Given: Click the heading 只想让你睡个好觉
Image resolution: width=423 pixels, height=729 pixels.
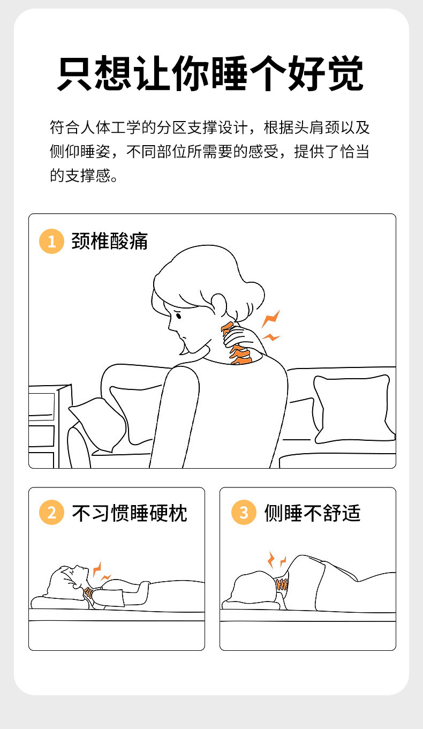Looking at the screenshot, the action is coord(210,73).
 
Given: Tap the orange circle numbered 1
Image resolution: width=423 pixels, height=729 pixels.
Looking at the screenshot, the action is coord(51,242).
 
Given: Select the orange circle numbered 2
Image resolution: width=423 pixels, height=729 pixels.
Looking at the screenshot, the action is coord(51,512).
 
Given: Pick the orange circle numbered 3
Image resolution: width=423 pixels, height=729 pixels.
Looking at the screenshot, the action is coord(244,512).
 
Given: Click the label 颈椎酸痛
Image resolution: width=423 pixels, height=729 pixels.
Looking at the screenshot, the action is coord(110,242).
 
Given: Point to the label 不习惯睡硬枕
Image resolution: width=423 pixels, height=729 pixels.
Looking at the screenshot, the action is coord(130,513).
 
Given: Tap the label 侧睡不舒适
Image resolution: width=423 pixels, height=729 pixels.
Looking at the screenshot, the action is coord(312,513).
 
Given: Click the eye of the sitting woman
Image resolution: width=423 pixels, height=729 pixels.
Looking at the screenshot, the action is coord(178,315).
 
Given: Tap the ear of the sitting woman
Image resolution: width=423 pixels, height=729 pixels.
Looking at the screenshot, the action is coord(218,304).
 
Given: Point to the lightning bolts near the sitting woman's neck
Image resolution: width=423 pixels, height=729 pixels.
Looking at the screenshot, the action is coord(271,326).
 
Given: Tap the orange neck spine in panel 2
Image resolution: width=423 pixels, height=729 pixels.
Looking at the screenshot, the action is coord(88,591).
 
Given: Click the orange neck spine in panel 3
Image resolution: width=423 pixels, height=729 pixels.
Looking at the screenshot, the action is coord(282,585).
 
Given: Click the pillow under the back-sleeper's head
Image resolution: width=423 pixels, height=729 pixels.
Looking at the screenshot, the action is coord(59,602).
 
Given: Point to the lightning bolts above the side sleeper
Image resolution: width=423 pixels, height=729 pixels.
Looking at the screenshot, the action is coord(277,560).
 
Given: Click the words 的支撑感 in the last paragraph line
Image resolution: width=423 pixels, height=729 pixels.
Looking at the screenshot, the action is coord(84,175).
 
